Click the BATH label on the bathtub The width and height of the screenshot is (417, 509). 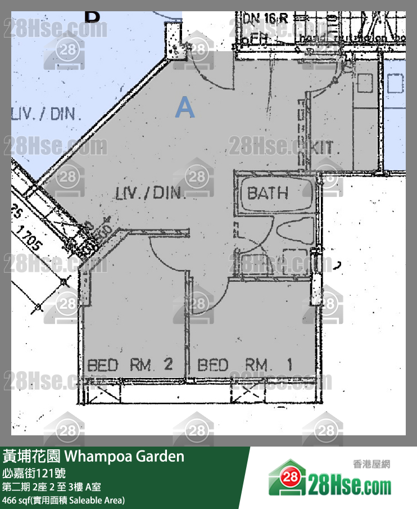(268, 193)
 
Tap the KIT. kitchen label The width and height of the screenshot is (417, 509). (325, 148)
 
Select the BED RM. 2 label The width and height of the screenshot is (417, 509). (129, 365)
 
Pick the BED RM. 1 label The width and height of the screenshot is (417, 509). (245, 365)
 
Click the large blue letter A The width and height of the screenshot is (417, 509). (185, 107)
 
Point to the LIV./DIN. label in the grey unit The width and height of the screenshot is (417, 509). (150, 193)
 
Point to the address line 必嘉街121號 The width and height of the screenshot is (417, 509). (33, 472)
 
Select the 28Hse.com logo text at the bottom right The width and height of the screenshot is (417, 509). (349, 483)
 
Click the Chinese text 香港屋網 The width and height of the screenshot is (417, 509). (371, 465)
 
